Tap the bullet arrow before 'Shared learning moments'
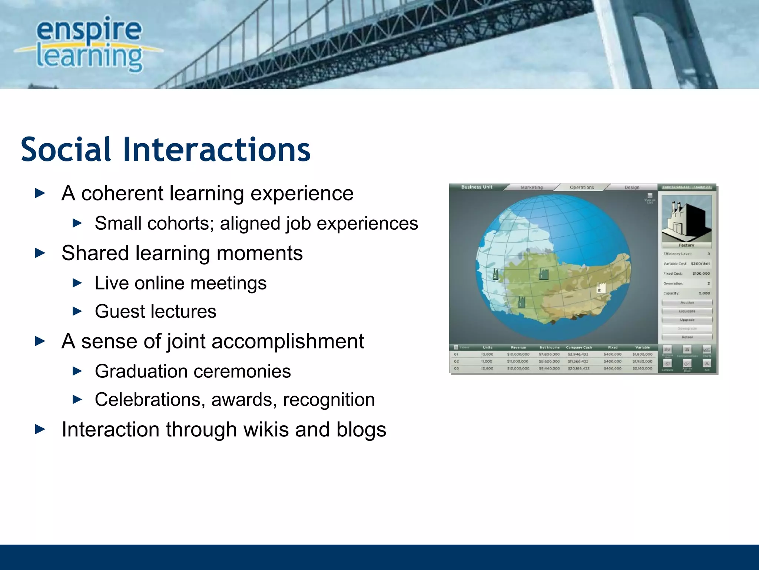pyautogui.click(x=40, y=253)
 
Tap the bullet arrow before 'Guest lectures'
pyautogui.click(x=77, y=311)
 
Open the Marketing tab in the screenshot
pyautogui.click(x=531, y=187)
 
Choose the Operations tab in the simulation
pyautogui.click(x=582, y=187)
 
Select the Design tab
pyautogui.click(x=632, y=187)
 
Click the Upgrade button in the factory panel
pyautogui.click(x=687, y=320)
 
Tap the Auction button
pyautogui.click(x=687, y=302)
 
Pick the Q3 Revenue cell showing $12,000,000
pyautogui.click(x=518, y=368)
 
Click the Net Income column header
pyautogui.click(x=549, y=347)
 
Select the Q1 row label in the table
pyautogui.click(x=456, y=354)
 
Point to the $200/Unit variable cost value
pyautogui.click(x=700, y=263)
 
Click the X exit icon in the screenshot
pyautogui.click(x=707, y=364)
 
